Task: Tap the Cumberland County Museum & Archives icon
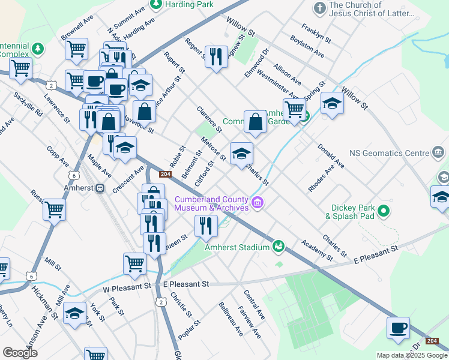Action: pos(258,203)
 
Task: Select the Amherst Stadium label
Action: pos(238,246)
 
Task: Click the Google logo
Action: pos(20,353)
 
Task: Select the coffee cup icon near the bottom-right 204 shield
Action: pos(398,328)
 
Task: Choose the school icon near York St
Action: pos(75,314)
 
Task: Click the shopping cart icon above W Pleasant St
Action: pos(134,263)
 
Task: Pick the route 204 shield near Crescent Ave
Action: pos(166,174)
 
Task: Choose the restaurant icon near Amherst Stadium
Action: pos(206,226)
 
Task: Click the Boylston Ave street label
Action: pos(307,46)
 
